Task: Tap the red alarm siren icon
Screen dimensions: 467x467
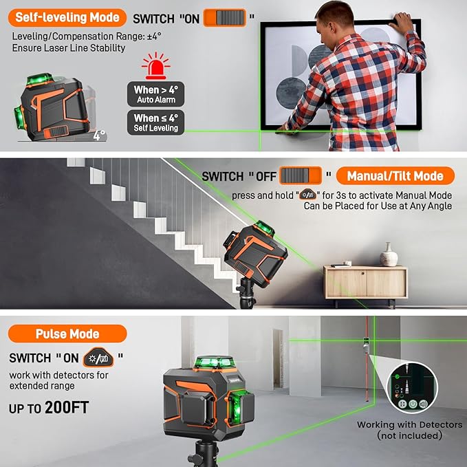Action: tap(155, 67)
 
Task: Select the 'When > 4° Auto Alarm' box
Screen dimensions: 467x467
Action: tap(155, 94)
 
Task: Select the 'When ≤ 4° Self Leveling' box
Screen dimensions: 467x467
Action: tap(155, 122)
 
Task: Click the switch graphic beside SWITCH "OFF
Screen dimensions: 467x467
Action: tap(301, 176)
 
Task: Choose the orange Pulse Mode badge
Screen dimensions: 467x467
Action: tap(67, 334)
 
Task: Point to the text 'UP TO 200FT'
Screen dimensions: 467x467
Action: tap(49, 407)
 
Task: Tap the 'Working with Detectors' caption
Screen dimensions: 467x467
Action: tap(400, 430)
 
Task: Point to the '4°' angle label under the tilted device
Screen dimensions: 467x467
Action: tap(100, 135)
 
